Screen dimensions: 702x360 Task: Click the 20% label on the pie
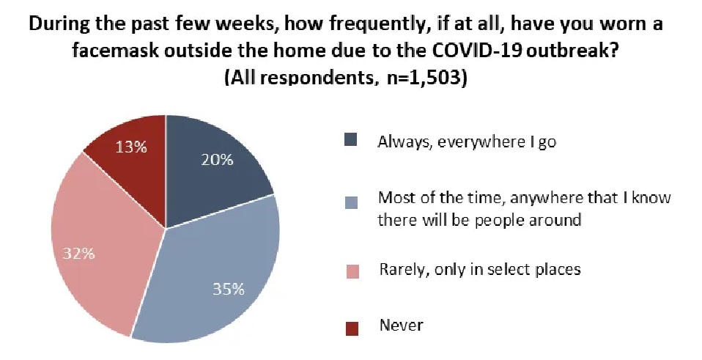click(x=217, y=159)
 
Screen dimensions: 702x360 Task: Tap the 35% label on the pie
click(x=229, y=290)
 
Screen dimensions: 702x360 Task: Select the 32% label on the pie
click(x=79, y=254)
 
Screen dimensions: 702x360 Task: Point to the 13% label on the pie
click(x=131, y=147)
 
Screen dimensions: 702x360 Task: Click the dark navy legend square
click(x=352, y=139)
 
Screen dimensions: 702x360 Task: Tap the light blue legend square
click(x=352, y=202)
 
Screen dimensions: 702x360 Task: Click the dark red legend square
click(x=352, y=328)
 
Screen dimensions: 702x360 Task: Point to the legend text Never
click(x=401, y=325)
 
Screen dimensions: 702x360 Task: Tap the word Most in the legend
click(x=395, y=197)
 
